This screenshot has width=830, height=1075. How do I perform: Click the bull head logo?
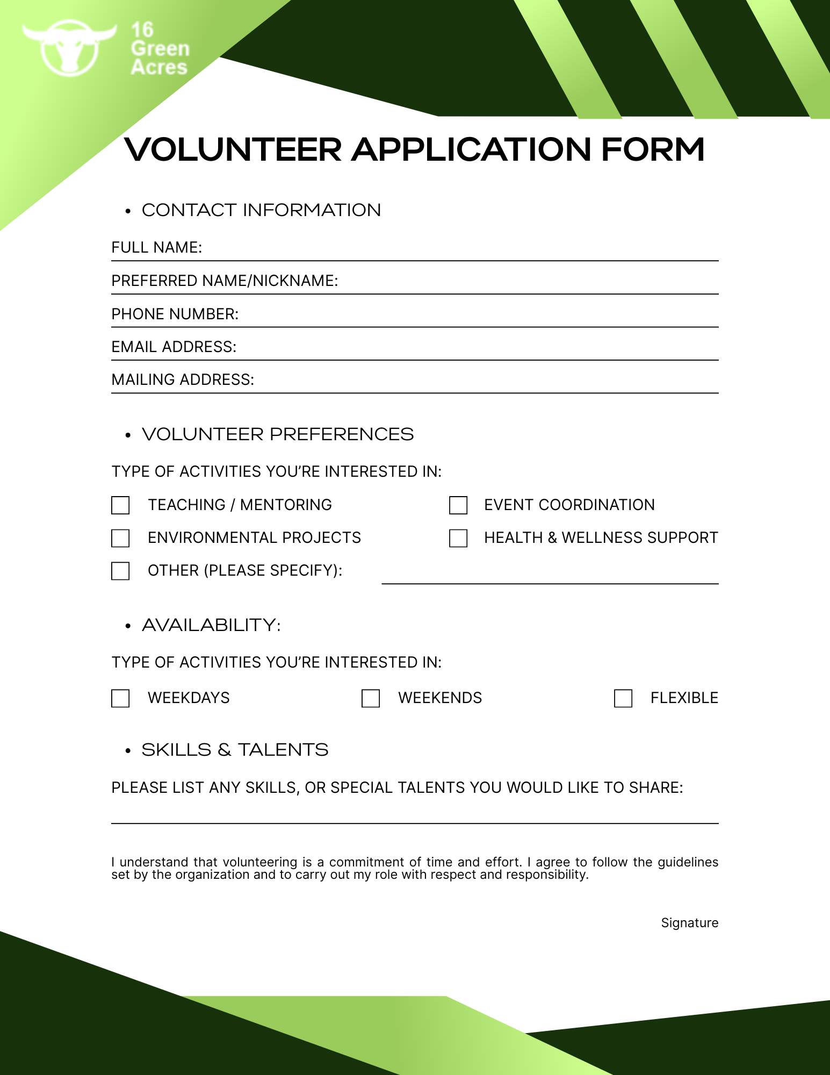69,47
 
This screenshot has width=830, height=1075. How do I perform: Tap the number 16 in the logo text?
142,30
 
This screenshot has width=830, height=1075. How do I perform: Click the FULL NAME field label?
156,247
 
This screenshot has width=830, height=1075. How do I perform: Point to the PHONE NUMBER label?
175,314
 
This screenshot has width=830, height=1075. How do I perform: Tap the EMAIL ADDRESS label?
174,347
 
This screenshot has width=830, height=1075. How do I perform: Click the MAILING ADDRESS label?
183,379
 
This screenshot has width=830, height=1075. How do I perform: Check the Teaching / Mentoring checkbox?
120,505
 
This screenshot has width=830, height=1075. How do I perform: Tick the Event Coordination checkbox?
458,505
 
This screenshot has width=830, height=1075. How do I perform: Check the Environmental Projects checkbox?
120,538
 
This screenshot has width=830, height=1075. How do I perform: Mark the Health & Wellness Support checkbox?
458,538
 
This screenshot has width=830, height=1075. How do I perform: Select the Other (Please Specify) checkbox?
120,571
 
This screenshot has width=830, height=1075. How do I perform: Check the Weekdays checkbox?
120,698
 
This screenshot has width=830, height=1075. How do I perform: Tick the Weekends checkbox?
371,698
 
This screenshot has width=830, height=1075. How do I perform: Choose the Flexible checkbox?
623,698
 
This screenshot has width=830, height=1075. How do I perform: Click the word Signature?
689,923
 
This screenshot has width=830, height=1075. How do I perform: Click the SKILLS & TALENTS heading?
235,750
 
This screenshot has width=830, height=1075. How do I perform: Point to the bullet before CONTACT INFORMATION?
128,211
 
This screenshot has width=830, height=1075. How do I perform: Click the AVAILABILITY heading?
211,625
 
